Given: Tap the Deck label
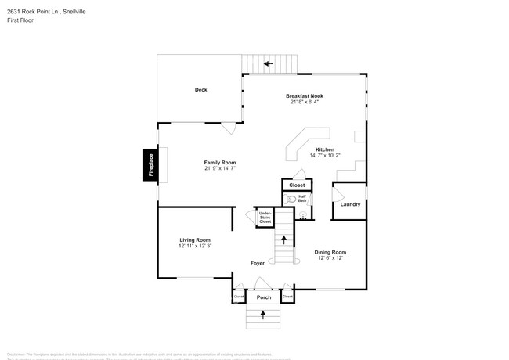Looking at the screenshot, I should (200, 90).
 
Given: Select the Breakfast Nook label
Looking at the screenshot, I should (305, 95).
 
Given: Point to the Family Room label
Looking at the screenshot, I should (220, 162).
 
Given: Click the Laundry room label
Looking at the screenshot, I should (350, 204).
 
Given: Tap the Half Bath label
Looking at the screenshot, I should (302, 199).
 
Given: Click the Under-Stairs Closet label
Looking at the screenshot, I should (265, 218).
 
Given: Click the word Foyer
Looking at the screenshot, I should (258, 264).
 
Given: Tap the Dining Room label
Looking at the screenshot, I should (330, 252).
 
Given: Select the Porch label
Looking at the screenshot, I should (263, 297).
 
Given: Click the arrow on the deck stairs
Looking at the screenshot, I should (268, 63).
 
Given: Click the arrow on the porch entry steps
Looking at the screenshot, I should (263, 315).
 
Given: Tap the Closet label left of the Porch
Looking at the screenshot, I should (238, 297).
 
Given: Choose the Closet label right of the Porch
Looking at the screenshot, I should (287, 297).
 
